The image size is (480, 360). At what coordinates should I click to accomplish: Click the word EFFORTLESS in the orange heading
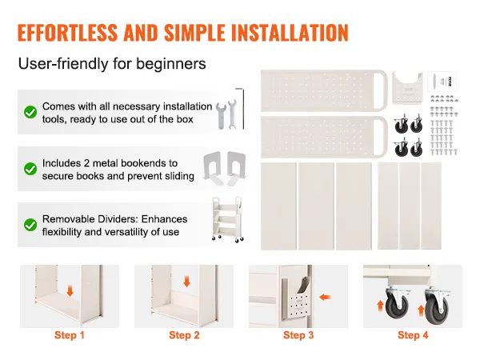pos(67,33)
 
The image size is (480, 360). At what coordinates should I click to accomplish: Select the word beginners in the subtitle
pos(171,64)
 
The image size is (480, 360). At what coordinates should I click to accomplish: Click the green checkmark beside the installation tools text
pos(30,112)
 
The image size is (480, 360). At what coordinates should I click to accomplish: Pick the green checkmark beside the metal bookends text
pos(30,169)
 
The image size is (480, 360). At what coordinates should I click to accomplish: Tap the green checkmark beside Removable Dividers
pos(30,225)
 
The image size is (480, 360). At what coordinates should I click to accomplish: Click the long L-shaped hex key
pos(242,109)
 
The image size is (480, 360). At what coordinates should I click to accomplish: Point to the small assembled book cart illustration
pos(227,220)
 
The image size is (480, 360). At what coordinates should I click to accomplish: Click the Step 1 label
pos(70,335)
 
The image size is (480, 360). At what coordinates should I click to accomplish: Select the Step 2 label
pos(184,335)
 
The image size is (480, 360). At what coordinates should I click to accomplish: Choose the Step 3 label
pos(298,335)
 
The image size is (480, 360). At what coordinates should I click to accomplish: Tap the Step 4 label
pos(413,335)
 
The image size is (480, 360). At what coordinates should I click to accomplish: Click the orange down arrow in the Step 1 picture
pos(70,291)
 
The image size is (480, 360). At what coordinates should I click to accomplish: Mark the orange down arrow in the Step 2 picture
pos(186,282)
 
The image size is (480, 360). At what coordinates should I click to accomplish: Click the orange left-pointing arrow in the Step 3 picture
pos(325,297)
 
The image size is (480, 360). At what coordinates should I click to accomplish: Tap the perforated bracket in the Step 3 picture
pos(296,302)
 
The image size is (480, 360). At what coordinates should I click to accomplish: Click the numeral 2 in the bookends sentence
pos(86,163)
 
